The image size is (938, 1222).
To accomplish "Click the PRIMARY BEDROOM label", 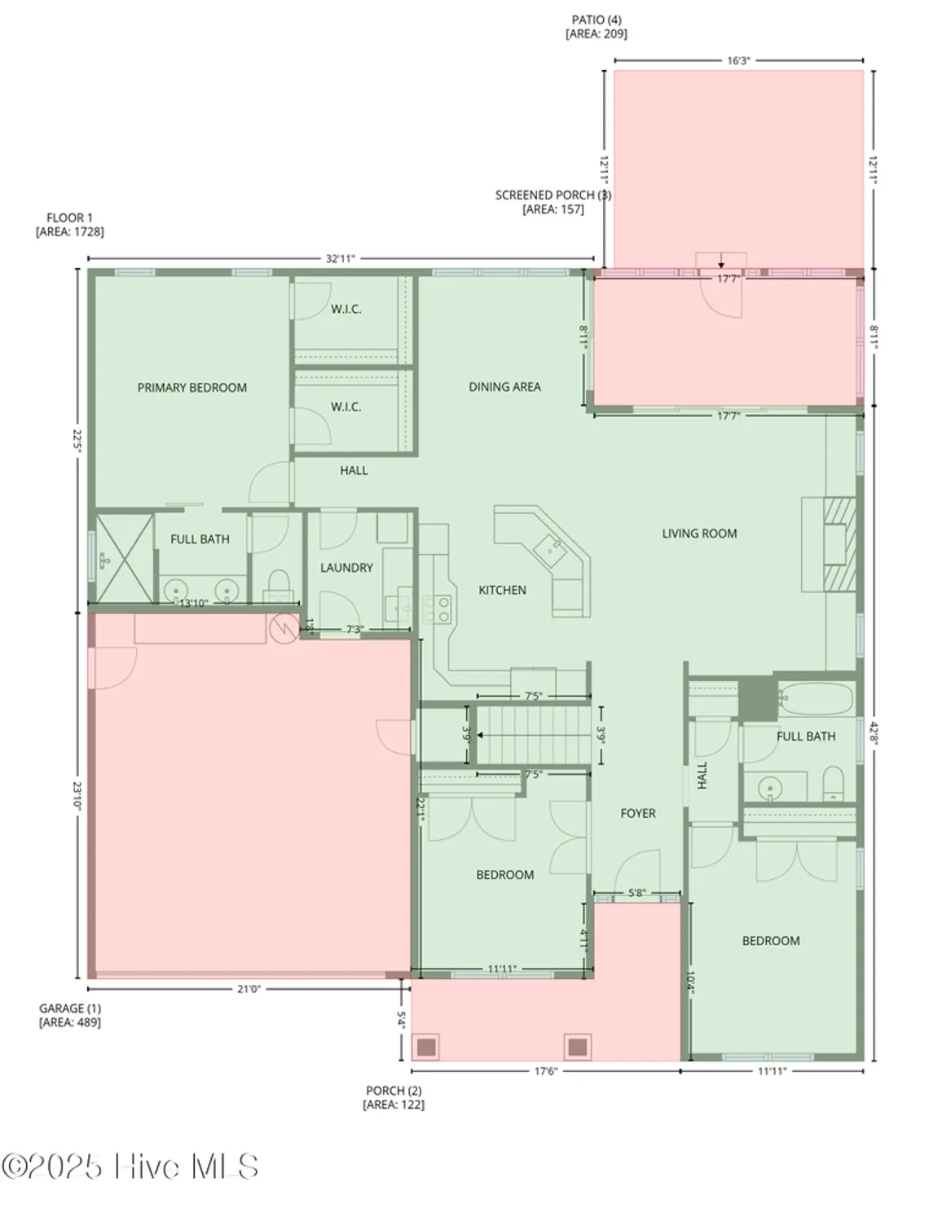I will [x=192, y=388].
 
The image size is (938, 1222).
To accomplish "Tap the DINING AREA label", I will [x=504, y=387].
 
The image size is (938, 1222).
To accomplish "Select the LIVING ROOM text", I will [x=699, y=534].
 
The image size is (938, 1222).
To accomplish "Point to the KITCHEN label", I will [x=502, y=590].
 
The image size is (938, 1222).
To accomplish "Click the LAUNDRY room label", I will [x=346, y=568].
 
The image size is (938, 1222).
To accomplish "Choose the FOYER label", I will [x=637, y=813].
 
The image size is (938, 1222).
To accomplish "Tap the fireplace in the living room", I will [x=839, y=543].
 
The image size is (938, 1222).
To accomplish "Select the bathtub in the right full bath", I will [x=815, y=698].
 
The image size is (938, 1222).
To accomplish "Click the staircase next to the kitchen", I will [x=532, y=735].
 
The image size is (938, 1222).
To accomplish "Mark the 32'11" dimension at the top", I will [x=341, y=259].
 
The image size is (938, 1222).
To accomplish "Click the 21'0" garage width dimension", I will [x=248, y=989].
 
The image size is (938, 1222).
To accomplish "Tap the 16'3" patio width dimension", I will [x=738, y=60].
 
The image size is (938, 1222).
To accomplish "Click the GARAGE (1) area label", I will [x=70, y=1015].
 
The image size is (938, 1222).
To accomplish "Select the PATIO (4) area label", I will [x=597, y=27].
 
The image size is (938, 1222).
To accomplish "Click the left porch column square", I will [x=426, y=1047].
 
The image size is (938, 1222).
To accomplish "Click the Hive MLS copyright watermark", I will [x=130, y=1167].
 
